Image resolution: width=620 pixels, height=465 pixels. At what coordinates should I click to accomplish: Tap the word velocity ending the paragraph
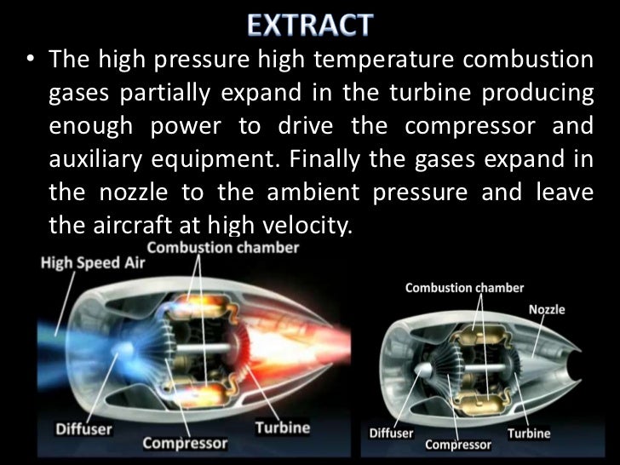click(x=300, y=224)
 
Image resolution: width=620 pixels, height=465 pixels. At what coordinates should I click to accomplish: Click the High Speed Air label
click(x=94, y=262)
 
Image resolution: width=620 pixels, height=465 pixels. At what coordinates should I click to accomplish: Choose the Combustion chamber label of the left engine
click(x=224, y=247)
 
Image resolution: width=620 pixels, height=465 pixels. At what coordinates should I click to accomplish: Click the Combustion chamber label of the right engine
click(x=464, y=288)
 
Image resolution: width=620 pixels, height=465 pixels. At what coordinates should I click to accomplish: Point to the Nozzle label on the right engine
click(x=547, y=309)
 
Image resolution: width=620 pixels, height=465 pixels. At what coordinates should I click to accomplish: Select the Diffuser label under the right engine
click(x=393, y=433)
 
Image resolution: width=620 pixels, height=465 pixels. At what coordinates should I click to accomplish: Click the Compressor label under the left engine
click(x=185, y=443)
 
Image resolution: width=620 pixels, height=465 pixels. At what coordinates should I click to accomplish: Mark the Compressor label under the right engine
click(x=457, y=445)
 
